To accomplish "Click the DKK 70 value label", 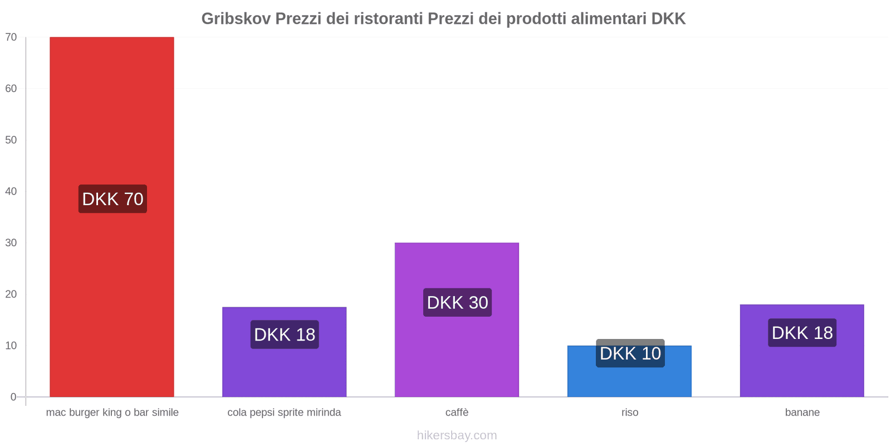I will coord(112,199).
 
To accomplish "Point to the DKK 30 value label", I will coord(457,303).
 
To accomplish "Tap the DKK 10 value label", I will coord(630,353).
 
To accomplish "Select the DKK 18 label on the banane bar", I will coord(802,333).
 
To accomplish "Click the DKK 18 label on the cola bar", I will coord(285,334).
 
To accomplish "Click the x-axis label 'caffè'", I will coord(457,413).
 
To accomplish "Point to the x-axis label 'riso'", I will coord(630,413).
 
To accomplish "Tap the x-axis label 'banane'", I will coord(802,413).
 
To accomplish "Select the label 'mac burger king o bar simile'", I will coord(112,413).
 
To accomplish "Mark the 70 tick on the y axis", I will coord(11,37).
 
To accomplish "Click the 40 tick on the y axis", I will coord(11,191).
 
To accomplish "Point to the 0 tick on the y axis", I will coord(13,397).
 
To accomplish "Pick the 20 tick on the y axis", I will coord(11,294).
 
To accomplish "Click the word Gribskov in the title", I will coord(236,19).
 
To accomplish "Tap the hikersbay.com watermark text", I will coord(457,435).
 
